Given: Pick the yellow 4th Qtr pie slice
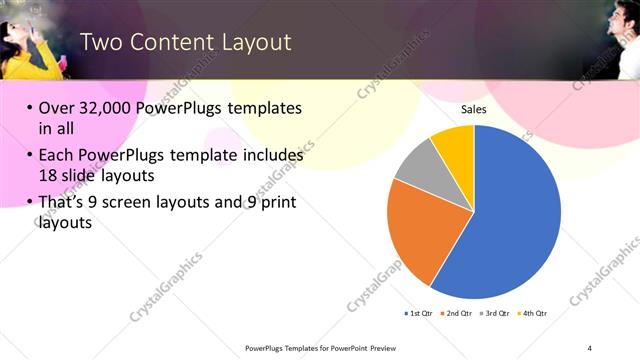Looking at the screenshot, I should [455, 145].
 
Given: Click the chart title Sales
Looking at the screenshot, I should [474, 110].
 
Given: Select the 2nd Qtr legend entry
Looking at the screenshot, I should [457, 313].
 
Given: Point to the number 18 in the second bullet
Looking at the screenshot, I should [50, 176].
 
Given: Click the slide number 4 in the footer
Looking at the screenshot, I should [590, 347].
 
